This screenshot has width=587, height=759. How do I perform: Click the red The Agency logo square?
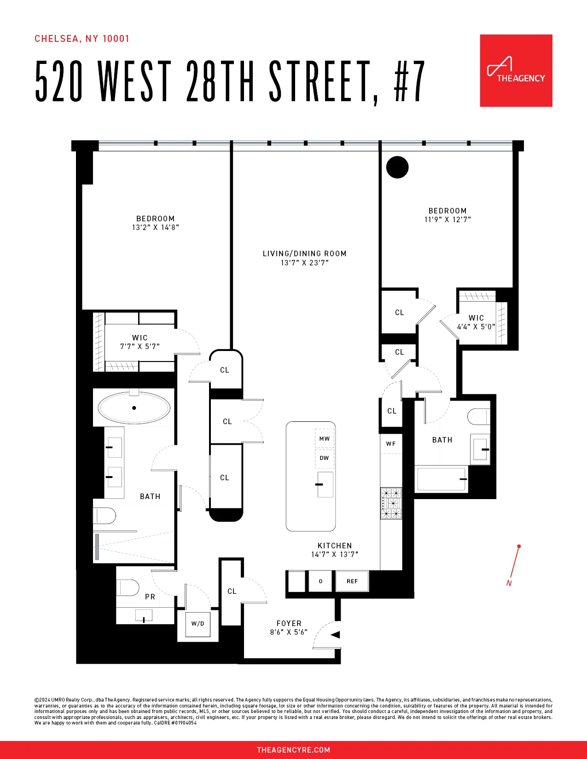(516, 70)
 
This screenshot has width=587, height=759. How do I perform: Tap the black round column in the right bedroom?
(397, 167)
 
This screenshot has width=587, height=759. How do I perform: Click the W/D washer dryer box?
(198, 624)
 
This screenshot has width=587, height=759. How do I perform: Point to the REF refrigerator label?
(352, 581)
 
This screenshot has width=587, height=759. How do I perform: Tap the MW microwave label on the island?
(325, 439)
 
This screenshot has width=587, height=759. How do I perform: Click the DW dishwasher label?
(324, 458)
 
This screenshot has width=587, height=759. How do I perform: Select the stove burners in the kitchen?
(391, 503)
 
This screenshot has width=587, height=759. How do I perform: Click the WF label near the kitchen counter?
(391, 444)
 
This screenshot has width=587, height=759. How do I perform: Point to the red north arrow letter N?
(509, 583)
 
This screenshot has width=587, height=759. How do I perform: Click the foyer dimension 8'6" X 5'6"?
(289, 632)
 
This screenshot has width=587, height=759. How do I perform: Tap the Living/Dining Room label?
(304, 253)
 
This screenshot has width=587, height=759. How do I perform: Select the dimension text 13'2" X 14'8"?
(155, 227)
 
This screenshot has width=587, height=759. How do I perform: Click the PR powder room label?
(150, 597)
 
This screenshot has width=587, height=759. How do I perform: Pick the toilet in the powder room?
(128, 587)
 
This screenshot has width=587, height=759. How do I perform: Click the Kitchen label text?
(335, 546)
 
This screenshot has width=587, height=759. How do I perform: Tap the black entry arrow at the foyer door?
(336, 635)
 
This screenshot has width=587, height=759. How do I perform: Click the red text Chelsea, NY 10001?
(82, 39)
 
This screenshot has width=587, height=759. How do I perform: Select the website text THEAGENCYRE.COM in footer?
(293, 750)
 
